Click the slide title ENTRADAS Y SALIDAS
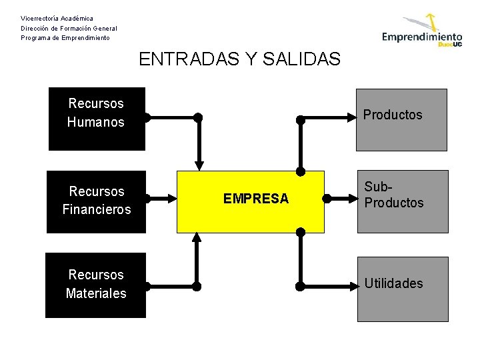239,59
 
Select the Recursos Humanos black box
96,119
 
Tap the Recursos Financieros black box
96,201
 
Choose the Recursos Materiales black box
96,285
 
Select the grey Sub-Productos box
401,201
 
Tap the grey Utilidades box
401,285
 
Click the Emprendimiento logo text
421,37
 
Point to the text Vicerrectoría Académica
57,18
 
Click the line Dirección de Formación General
69,28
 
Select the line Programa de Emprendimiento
65,38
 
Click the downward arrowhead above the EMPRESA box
198,165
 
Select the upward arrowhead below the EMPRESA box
197,237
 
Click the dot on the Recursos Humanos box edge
146,119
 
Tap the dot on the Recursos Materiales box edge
146,287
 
